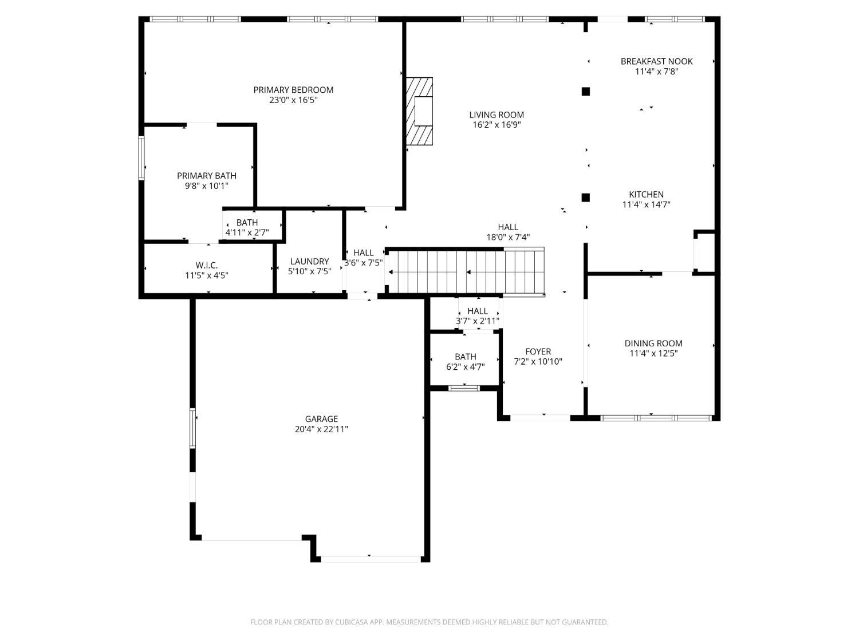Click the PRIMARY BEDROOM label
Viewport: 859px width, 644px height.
[x=293, y=90]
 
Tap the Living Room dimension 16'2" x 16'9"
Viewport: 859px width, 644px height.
[x=497, y=125]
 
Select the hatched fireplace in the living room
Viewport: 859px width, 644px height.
[x=420, y=111]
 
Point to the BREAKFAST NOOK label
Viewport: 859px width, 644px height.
[x=656, y=61]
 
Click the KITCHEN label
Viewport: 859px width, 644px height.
[x=646, y=194]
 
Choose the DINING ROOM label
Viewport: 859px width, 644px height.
[x=653, y=343]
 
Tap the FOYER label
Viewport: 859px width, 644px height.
[x=538, y=351]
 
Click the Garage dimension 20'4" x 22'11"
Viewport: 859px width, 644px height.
[x=321, y=429]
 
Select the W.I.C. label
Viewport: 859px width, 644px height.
[x=207, y=266]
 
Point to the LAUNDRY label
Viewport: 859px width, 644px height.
[x=310, y=261]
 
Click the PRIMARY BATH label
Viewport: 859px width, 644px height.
[x=207, y=176]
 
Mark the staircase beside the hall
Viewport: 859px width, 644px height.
[x=466, y=272]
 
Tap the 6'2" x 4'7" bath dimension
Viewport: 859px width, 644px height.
[x=466, y=367]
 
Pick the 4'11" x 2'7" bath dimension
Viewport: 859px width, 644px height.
[x=247, y=232]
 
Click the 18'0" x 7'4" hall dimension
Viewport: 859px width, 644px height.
[x=508, y=237]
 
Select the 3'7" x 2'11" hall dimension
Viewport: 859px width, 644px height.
[x=478, y=321]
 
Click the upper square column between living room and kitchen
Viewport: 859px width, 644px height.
[x=585, y=92]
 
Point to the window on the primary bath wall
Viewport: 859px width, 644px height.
[x=141, y=158]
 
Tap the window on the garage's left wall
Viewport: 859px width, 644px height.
[x=192, y=428]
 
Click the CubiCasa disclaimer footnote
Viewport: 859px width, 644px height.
[x=429, y=622]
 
